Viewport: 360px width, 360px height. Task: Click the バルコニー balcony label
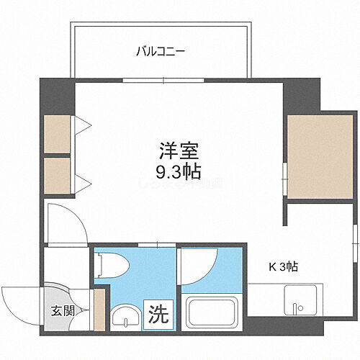click(x=161, y=52)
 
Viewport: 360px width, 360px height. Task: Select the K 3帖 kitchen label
click(x=283, y=266)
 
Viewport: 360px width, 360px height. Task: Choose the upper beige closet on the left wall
click(x=58, y=133)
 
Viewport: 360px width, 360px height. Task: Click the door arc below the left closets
click(x=65, y=220)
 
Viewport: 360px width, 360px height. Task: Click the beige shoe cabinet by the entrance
click(x=99, y=310)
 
